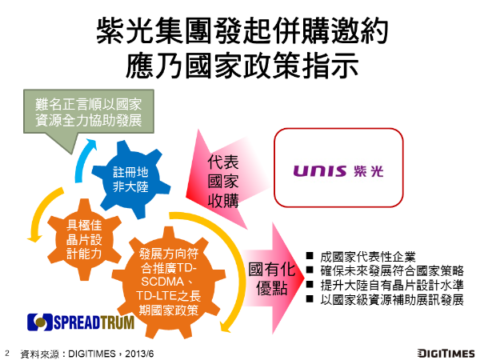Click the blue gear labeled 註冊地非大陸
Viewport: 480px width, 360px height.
click(131, 180)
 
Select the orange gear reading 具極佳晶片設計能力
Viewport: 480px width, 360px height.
click(84, 240)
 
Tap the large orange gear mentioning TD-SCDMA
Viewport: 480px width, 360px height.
click(169, 282)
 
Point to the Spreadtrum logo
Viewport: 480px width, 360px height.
click(81, 322)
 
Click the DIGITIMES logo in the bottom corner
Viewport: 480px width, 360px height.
click(446, 354)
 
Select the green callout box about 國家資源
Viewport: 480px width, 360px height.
click(89, 111)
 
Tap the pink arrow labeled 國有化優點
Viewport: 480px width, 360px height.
click(272, 278)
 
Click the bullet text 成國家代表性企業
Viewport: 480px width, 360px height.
click(368, 257)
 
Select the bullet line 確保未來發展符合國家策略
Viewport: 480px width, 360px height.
click(392, 270)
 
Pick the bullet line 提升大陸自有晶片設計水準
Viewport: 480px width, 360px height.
click(392, 285)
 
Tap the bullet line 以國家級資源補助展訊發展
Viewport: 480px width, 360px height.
click(392, 300)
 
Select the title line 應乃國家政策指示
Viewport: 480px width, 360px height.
click(242, 66)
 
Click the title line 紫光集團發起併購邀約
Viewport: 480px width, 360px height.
click(242, 30)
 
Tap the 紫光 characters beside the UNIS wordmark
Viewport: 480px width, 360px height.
click(368, 171)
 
